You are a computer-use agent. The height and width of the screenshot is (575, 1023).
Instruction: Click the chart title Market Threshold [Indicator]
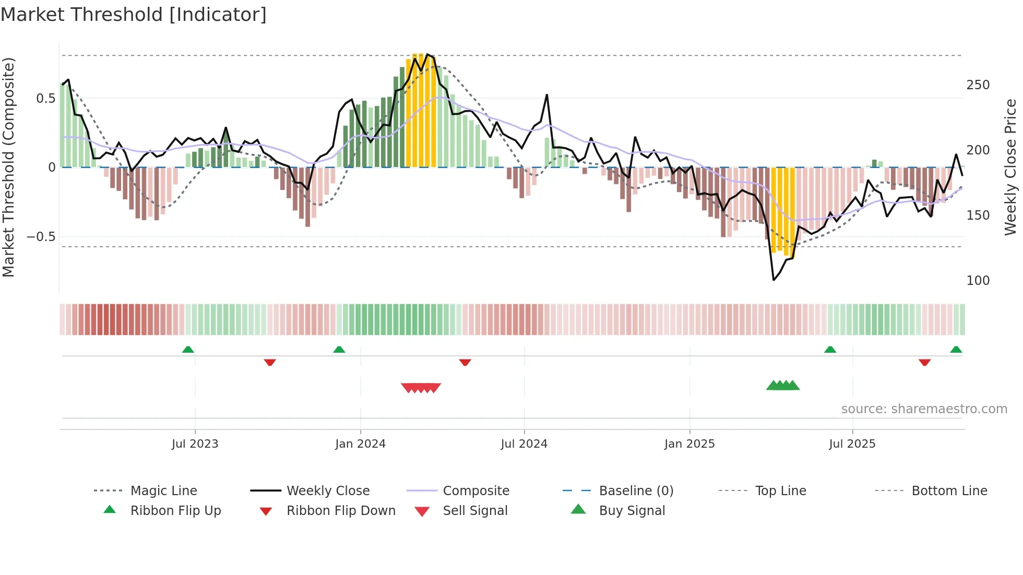coord(134,15)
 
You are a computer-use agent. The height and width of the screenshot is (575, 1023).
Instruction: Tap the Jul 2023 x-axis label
coord(195,444)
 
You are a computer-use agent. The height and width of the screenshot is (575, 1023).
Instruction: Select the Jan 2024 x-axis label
coord(360,444)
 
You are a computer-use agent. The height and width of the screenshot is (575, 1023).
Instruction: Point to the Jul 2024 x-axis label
coord(524,444)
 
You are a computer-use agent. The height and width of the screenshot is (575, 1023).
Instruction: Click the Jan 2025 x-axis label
coord(689,444)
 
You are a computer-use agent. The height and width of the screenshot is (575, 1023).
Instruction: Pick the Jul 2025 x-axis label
coord(852,444)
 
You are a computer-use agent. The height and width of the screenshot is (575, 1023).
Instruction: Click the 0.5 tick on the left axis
coord(46,99)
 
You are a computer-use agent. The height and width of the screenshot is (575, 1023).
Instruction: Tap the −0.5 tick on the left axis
coord(41,237)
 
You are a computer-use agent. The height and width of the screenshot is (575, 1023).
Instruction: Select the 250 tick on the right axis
coord(978,85)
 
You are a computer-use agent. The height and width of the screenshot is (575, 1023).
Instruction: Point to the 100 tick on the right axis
coord(978,281)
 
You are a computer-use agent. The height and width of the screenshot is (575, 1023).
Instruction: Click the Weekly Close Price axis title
coord(1010,167)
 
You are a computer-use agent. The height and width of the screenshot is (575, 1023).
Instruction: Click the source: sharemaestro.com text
coord(924,409)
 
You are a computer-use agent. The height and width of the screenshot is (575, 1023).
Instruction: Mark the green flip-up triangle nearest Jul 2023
coord(188,350)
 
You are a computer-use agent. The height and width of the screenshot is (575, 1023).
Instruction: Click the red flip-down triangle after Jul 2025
coord(924,362)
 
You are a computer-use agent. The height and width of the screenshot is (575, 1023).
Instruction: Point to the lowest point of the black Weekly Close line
coord(774,280)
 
